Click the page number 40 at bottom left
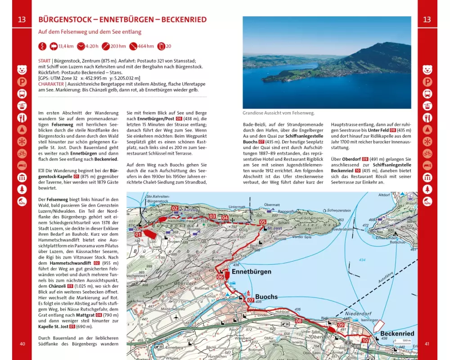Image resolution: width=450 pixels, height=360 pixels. click(22, 345)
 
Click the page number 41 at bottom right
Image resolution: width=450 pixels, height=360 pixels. click(427, 345)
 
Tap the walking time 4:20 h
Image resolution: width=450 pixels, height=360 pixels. click(92, 46)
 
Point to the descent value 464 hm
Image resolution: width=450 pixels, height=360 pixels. click(144, 46)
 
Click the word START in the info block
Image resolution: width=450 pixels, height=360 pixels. click(45, 60)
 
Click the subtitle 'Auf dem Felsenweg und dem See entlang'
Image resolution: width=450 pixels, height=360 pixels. click(90, 32)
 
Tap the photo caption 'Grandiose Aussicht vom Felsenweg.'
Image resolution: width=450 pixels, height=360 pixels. click(279, 113)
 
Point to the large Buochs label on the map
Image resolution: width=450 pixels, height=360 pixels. click(266, 297)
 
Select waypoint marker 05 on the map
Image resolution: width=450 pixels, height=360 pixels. click(262, 222)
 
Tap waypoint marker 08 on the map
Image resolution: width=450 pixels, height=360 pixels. click(298, 320)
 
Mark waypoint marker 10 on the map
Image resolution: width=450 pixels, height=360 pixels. click(365, 341)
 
